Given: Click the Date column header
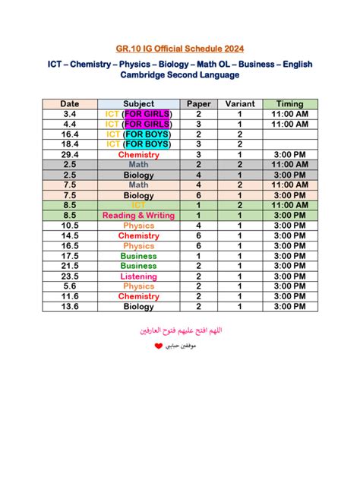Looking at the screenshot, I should [x=70, y=104].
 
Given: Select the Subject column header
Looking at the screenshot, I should [x=138, y=104].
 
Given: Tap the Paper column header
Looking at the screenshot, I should [x=198, y=104].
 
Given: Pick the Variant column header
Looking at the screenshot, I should [x=240, y=104].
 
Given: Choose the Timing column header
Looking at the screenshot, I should [x=290, y=104].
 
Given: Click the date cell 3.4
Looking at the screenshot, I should [x=70, y=114].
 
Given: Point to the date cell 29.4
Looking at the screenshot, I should [x=70, y=155].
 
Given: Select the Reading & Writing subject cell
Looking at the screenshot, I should [x=138, y=216].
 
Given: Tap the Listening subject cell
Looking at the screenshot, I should [x=138, y=276].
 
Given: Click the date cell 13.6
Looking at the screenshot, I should [x=70, y=307].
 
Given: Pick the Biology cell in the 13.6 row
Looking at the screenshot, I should [x=138, y=307].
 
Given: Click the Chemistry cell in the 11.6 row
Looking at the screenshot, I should [x=138, y=297].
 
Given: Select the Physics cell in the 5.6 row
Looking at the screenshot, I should [x=138, y=286].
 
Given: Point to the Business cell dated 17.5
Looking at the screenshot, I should [x=138, y=256].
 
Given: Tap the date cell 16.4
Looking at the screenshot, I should [x=70, y=134].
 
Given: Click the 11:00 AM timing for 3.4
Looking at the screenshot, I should [x=290, y=114].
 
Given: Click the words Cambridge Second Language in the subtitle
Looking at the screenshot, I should [x=179, y=75].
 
